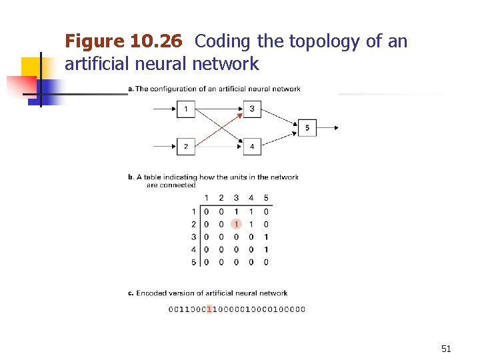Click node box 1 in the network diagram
pyautogui.click(x=186, y=109)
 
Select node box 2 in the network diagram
pyautogui.click(x=186, y=146)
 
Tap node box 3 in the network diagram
pyautogui.click(x=252, y=109)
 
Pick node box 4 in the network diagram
pyautogui.click(x=252, y=146)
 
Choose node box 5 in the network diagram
pyautogui.click(x=307, y=127)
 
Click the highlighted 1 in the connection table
pyautogui.click(x=236, y=224)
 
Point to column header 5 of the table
pyautogui.click(x=266, y=197)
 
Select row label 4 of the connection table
pyautogui.click(x=194, y=249)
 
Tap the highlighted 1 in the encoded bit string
pyautogui.click(x=210, y=309)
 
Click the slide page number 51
pyautogui.click(x=446, y=348)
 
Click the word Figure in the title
pyautogui.click(x=94, y=42)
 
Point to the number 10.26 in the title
pyautogui.click(x=156, y=42)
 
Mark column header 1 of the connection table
pyautogui.click(x=207, y=197)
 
